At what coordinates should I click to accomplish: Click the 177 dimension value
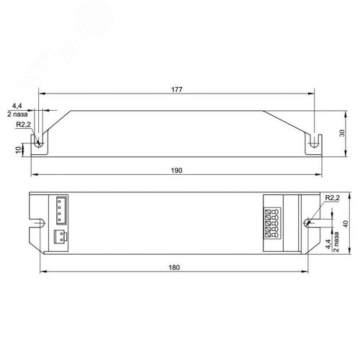(x=176, y=89)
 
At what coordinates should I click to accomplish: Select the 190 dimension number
(x=176, y=171)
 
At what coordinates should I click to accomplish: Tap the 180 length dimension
(x=174, y=267)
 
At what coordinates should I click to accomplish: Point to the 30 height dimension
(x=342, y=133)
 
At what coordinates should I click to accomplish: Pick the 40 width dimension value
(x=346, y=224)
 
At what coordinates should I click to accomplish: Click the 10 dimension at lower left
(x=19, y=150)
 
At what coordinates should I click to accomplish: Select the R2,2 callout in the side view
(x=23, y=125)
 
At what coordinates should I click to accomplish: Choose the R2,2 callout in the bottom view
(x=333, y=198)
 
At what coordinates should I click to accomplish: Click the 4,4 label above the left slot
(x=17, y=106)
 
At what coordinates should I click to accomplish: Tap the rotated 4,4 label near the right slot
(x=328, y=244)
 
